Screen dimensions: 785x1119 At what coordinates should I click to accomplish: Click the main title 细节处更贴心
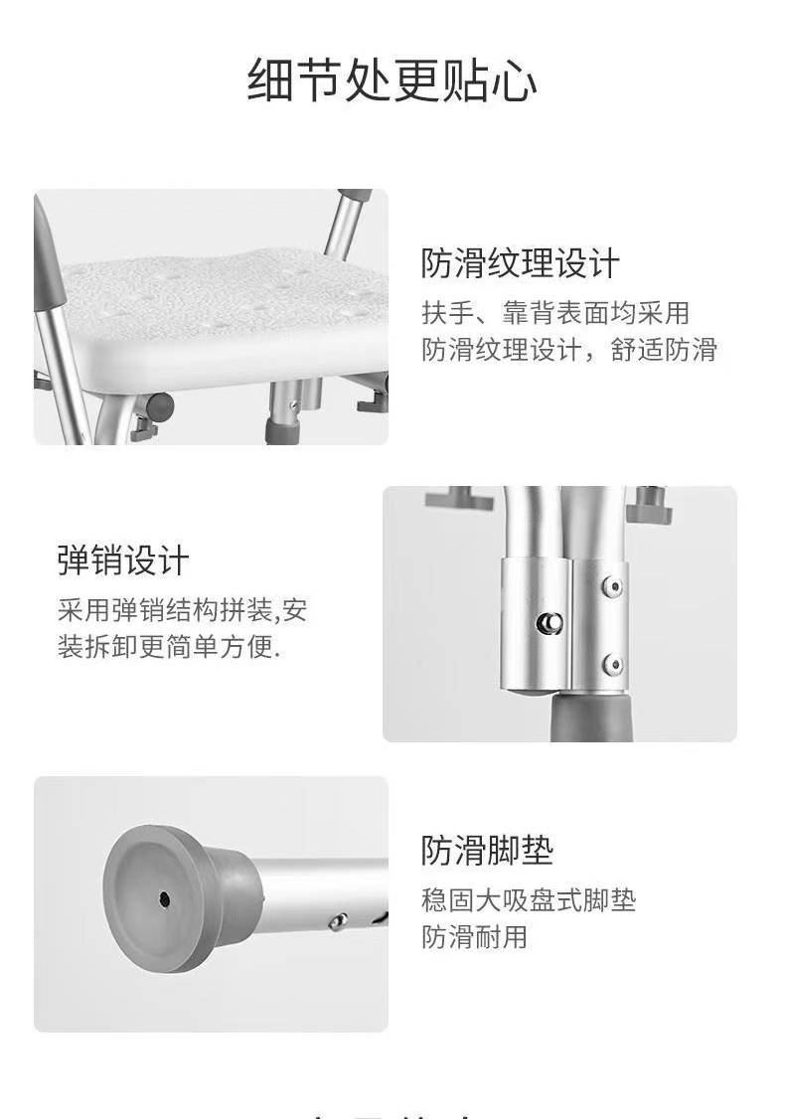point(392,80)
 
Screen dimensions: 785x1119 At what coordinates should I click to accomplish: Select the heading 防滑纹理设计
point(520,263)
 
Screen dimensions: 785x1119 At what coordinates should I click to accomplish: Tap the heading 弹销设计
point(123,560)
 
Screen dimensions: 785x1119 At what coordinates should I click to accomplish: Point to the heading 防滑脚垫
point(487,850)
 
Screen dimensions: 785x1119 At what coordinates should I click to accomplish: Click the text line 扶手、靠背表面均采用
point(555,313)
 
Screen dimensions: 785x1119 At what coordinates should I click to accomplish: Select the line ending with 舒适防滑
point(568,350)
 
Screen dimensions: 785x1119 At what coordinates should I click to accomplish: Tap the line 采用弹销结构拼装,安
point(183,610)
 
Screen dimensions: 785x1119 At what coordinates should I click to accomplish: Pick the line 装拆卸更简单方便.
point(169,647)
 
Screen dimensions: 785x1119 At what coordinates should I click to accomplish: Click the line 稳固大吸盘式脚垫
point(528,900)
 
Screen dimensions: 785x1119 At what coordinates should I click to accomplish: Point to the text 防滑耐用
point(475,936)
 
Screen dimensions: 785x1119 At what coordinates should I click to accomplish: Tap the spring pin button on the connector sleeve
point(549,623)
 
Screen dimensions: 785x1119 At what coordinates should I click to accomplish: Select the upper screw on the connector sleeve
point(612,586)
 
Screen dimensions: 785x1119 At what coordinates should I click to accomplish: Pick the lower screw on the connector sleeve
point(612,665)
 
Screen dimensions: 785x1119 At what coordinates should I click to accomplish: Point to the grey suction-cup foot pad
point(179,900)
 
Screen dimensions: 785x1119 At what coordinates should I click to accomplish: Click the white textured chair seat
point(229,314)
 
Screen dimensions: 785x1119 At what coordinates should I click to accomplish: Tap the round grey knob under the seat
point(160,406)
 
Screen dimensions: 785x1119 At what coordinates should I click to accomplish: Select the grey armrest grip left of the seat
point(45,257)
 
